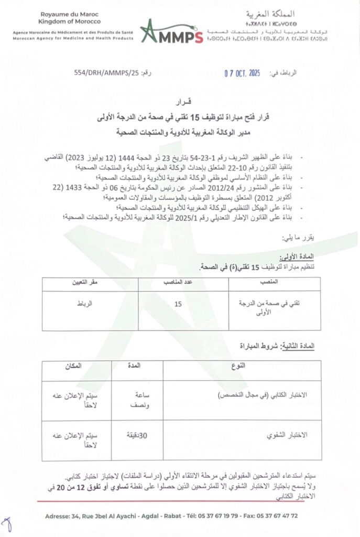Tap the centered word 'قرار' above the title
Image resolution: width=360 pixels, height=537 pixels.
[x=180, y=101]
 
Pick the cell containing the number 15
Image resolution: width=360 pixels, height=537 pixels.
[x=179, y=304]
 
